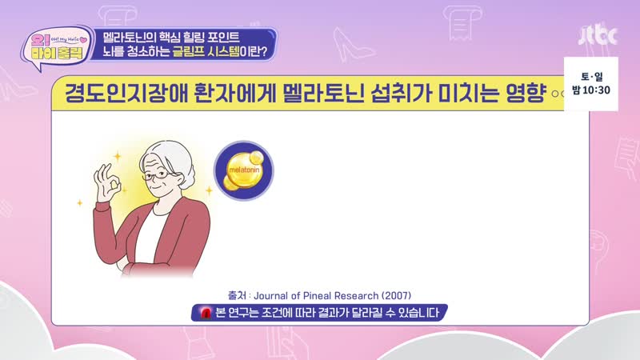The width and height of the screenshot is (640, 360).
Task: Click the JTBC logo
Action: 598,35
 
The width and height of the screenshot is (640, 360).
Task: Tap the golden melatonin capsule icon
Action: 244,170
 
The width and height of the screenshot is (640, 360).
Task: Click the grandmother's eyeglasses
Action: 157,175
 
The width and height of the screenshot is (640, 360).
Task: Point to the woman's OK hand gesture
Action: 106,182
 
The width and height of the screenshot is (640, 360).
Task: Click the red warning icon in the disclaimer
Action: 206,313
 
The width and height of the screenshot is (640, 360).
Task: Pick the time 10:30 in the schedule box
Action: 596,90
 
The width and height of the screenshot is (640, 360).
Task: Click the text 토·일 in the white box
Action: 591,76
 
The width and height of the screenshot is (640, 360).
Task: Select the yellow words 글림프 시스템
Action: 206,52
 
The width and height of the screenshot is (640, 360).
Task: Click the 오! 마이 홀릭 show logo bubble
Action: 57,47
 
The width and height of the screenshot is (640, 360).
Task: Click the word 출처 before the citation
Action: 237,295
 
